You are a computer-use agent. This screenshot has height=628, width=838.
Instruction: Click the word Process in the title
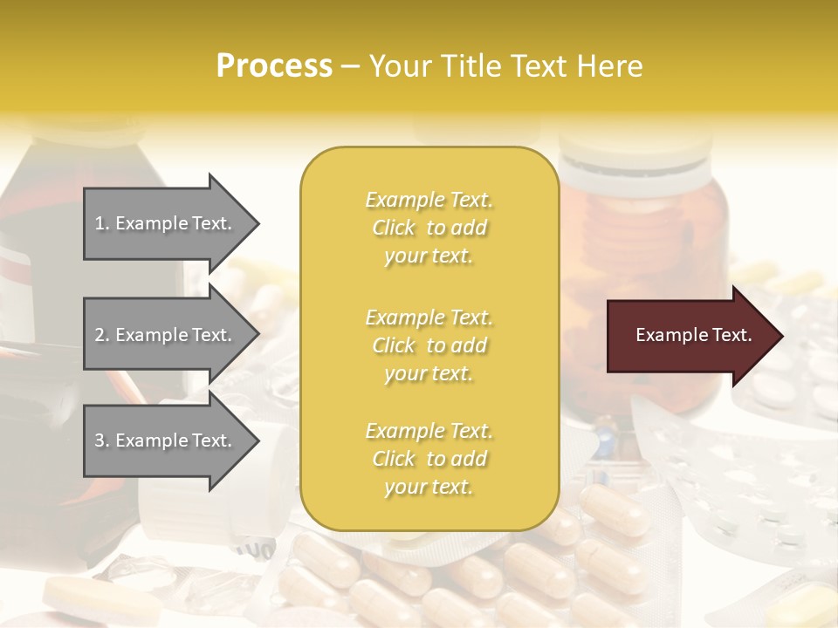pyautogui.click(x=274, y=66)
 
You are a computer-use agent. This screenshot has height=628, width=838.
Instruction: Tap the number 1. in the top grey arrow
pyautogui.click(x=102, y=223)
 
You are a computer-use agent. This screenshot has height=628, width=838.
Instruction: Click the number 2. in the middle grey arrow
pyautogui.click(x=102, y=335)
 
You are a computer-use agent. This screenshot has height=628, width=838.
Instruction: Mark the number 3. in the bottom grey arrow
pyautogui.click(x=102, y=440)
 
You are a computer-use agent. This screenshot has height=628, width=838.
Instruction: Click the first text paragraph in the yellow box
pyautogui.click(x=429, y=228)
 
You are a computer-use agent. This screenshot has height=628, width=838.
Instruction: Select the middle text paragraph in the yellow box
pyautogui.click(x=429, y=345)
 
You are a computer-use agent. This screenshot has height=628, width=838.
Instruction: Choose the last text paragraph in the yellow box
pyautogui.click(x=429, y=459)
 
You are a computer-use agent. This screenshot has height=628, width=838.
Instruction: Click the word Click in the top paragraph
pyautogui.click(x=394, y=228)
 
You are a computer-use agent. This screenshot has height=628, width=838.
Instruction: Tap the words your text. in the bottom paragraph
pyautogui.click(x=429, y=487)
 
